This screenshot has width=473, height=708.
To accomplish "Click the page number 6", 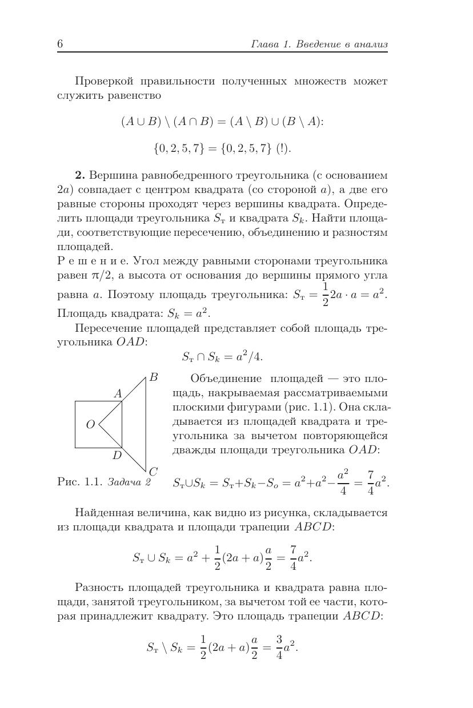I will tap(60, 45).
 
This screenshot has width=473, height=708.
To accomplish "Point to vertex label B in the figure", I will tap(153, 377).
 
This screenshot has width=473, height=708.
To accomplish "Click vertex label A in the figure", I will tap(118, 393).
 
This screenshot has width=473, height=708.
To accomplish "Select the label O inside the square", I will tap(90, 424).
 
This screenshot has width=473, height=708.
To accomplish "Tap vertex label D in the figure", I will tap(117, 455).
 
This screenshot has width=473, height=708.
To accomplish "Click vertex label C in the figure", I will tap(153, 472).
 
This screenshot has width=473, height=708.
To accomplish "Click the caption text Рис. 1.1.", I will tap(79, 482).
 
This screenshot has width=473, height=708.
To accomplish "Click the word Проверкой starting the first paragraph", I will tap(102, 81).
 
